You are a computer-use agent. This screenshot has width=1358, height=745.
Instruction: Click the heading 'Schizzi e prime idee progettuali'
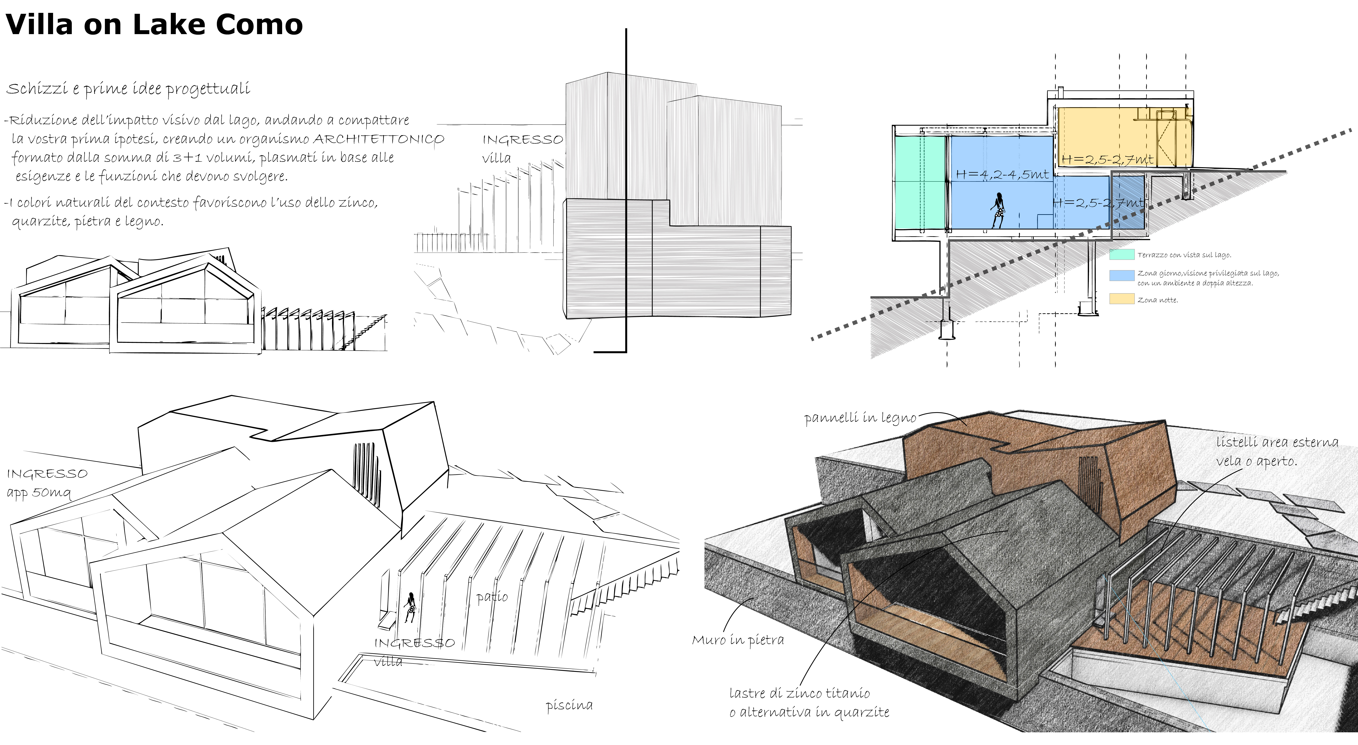click(x=128, y=89)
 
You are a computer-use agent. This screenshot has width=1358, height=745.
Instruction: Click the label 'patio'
click(x=492, y=597)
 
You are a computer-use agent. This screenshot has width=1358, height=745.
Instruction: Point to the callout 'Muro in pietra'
click(x=737, y=640)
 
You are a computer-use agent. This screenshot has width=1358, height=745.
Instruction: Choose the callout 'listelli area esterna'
click(x=1277, y=442)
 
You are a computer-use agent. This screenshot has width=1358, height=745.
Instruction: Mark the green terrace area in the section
click(x=919, y=182)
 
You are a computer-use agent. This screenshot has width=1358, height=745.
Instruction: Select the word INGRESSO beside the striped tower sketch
click(x=522, y=140)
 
